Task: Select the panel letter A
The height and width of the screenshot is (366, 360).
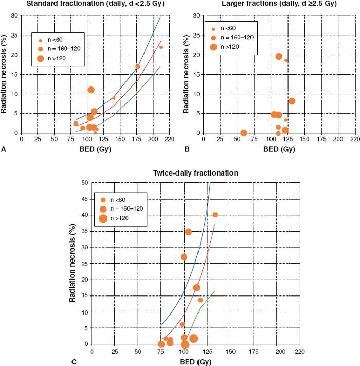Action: tap(4, 149)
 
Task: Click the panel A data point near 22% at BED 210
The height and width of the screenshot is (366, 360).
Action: tap(161, 47)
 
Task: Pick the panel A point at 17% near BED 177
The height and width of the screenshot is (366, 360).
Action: tap(138, 67)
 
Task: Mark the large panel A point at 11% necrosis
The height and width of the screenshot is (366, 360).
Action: tap(91, 90)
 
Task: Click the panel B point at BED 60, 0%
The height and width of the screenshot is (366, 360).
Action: tap(244, 133)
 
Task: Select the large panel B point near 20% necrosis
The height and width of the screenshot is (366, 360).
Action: tap(279, 56)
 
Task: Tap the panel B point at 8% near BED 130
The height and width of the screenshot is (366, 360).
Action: tap(292, 101)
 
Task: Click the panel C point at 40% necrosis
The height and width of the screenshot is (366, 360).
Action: tap(215, 215)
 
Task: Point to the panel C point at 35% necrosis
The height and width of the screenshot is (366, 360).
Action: tap(188, 232)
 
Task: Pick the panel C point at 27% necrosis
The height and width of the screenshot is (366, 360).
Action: tap(184, 257)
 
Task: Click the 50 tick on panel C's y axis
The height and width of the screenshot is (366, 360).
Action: tap(84, 183)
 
